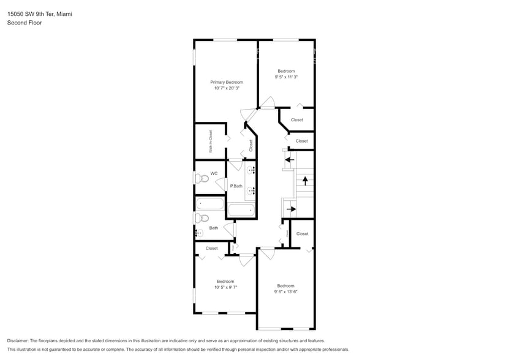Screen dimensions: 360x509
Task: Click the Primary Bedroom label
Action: click(x=226, y=82)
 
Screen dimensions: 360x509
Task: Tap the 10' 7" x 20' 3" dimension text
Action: click(x=226, y=88)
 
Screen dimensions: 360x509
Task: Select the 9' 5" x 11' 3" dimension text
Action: click(x=285, y=77)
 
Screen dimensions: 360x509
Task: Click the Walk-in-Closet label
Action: click(x=210, y=141)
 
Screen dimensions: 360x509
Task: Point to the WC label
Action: click(x=214, y=173)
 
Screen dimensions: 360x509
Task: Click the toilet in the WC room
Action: click(x=202, y=179)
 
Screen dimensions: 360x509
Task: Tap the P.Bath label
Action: click(x=236, y=186)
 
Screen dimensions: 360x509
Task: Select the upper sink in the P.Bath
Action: click(x=251, y=170)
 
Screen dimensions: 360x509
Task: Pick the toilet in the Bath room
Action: click(x=202, y=218)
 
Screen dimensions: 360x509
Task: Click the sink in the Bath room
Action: click(x=198, y=233)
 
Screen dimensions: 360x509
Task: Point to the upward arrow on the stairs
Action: click(x=304, y=181)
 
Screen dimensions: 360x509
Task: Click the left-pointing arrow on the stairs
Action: click(x=289, y=160)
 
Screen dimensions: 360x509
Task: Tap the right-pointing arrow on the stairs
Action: click(x=291, y=209)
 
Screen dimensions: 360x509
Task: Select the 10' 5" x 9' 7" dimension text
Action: click(x=225, y=287)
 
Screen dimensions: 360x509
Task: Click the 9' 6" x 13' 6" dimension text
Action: click(x=285, y=292)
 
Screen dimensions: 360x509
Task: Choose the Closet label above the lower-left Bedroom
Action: click(x=211, y=248)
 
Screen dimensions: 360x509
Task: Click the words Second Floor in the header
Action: click(x=22, y=23)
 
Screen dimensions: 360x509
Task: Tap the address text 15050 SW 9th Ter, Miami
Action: click(x=39, y=13)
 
